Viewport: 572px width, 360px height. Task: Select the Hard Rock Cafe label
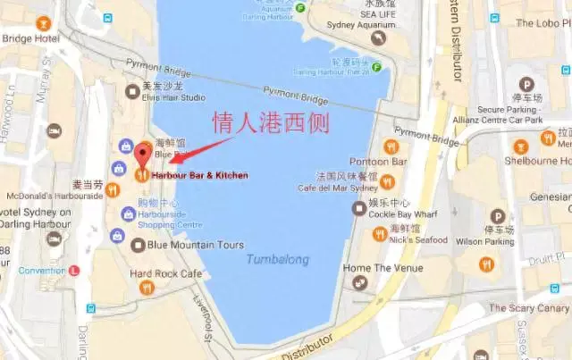click(166, 273)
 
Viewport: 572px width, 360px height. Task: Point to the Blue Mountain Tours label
click(195, 245)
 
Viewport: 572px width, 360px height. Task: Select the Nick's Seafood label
click(418, 239)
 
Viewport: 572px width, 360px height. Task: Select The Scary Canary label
click(528, 308)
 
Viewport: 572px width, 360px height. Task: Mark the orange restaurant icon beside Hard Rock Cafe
click(147, 288)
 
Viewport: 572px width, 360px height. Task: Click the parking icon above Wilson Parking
click(497, 216)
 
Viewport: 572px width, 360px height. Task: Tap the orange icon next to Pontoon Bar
click(390, 147)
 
